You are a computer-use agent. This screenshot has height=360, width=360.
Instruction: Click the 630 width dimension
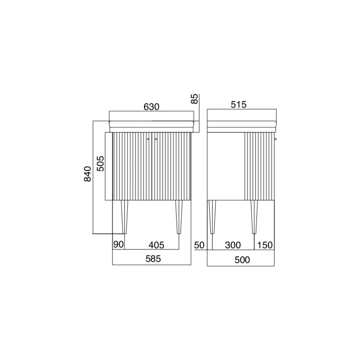151,107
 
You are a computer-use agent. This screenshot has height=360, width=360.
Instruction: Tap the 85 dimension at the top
194,99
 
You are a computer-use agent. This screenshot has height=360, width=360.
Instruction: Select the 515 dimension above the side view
239,105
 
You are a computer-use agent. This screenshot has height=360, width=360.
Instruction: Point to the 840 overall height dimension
88,174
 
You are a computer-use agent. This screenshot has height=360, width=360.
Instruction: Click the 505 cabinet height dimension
101,164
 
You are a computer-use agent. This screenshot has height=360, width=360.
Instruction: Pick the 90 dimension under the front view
118,245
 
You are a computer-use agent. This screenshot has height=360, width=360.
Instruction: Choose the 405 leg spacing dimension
156,245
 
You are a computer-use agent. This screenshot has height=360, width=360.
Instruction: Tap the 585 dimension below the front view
153,259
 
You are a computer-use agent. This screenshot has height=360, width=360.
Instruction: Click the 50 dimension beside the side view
199,245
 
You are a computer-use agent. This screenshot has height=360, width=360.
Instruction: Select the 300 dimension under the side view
233,245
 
